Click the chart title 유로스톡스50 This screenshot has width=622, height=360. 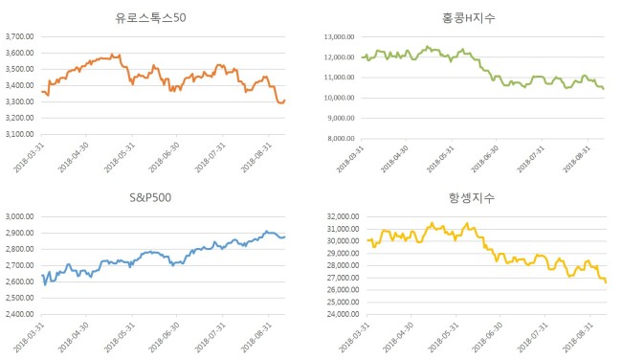click(x=150, y=18)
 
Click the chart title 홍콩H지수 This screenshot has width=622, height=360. click(x=469, y=18)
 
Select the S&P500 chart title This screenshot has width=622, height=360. click(x=150, y=197)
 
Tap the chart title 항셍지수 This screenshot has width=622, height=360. click(x=472, y=197)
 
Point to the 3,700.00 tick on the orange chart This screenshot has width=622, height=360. click(x=20, y=36)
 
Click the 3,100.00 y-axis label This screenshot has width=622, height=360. click(x=20, y=134)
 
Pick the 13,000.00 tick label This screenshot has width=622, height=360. click(x=339, y=37)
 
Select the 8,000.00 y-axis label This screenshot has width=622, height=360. click(x=341, y=139)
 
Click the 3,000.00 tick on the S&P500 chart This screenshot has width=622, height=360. click(x=20, y=216)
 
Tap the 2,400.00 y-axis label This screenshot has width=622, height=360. click(x=20, y=314)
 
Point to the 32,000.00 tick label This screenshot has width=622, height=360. click(x=344, y=216)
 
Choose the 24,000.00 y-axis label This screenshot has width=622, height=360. click(x=344, y=314)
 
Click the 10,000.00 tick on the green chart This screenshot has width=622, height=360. click(x=339, y=98)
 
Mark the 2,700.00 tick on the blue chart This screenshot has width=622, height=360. click(x=20, y=265)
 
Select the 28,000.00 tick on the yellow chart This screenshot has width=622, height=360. click(x=344, y=265)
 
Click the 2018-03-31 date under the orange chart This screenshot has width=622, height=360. click(x=29, y=158)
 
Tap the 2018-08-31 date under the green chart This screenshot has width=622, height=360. click(x=576, y=159)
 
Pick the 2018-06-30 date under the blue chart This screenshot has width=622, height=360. click(x=164, y=337)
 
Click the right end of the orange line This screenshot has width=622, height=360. click(x=285, y=100)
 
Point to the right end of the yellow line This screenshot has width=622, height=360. click(x=606, y=282)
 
